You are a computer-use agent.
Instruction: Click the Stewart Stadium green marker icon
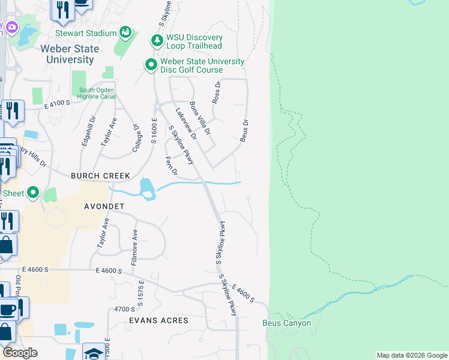[125, 32]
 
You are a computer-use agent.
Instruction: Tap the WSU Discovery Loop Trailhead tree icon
[157, 41]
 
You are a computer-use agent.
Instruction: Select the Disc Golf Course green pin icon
[151, 64]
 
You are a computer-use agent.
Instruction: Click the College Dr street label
[136, 139]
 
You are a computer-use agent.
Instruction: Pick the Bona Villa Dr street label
[200, 118]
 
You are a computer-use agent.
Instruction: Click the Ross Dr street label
[217, 92]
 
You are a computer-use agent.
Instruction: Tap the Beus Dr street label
[244, 130]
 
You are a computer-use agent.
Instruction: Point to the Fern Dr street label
[172, 166]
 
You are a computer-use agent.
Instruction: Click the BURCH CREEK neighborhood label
[100, 176]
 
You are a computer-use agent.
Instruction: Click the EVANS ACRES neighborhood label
[158, 320]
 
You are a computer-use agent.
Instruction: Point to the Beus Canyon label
[287, 323]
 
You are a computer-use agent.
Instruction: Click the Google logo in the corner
[20, 353]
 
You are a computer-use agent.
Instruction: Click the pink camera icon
[11, 28]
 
